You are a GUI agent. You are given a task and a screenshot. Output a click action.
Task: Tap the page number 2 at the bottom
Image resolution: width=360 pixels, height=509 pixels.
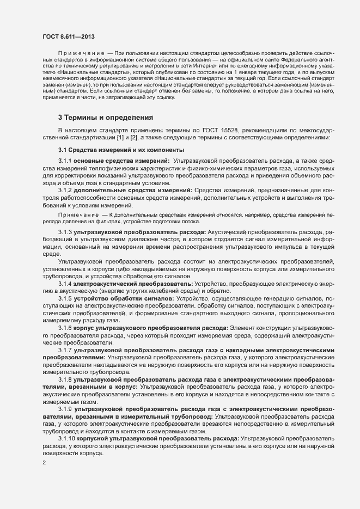(44, 463)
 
